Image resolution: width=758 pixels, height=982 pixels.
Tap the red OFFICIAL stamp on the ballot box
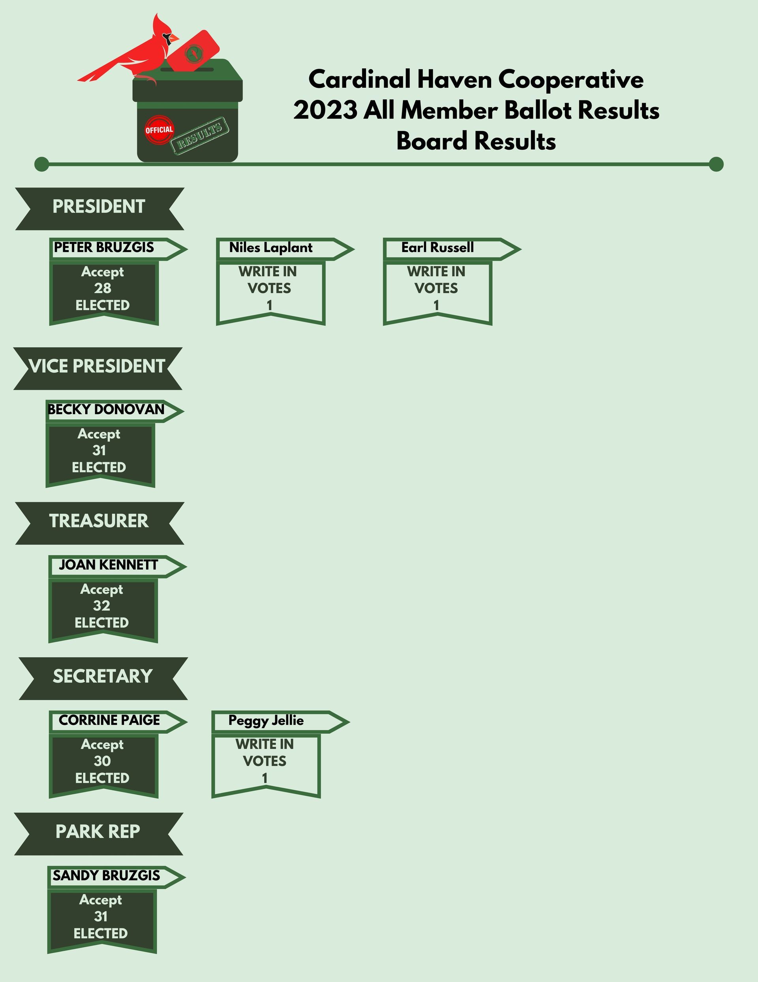click(159, 130)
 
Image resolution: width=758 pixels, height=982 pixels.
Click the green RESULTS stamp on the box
click(200, 136)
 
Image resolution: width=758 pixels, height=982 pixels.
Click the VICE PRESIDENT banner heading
click(97, 366)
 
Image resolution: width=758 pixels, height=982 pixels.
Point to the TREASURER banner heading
click(99, 521)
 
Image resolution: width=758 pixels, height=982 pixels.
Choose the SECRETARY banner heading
click(103, 676)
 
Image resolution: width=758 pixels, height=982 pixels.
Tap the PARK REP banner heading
click(98, 831)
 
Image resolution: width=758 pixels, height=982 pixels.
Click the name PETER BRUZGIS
click(104, 247)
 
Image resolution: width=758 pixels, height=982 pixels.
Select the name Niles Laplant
click(271, 248)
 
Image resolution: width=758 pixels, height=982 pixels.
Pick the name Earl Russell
click(438, 247)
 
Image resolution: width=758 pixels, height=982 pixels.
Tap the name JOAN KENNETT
click(108, 565)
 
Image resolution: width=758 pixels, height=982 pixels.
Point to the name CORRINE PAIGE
click(109, 720)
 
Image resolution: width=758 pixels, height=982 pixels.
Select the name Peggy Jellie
click(266, 721)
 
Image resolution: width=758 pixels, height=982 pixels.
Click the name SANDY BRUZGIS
click(107, 875)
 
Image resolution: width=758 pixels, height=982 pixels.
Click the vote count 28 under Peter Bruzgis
click(102, 288)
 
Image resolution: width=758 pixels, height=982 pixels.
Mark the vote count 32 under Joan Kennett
click(101, 606)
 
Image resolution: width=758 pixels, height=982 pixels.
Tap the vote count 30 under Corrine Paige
click(102, 761)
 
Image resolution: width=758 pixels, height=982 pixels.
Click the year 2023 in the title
click(325, 111)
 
